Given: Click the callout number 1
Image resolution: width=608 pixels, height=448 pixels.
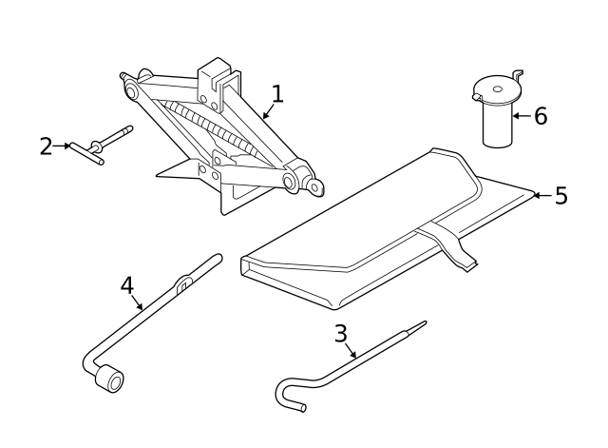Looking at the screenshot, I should coord(276,93).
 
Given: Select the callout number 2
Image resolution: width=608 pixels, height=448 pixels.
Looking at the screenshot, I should coord(46,146).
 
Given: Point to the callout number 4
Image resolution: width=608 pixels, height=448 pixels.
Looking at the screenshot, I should coord(126,285).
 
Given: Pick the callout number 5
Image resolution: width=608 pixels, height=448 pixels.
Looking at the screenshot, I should coord(560,196).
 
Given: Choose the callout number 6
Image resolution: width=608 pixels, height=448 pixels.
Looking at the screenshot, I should coord(541,116).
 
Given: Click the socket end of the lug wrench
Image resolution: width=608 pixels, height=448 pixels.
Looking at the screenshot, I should coord(112,381).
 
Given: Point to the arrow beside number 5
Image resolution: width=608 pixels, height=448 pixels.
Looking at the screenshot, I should coord(539,196).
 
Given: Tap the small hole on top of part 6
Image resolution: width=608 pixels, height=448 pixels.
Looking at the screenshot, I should coord(496,89).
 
